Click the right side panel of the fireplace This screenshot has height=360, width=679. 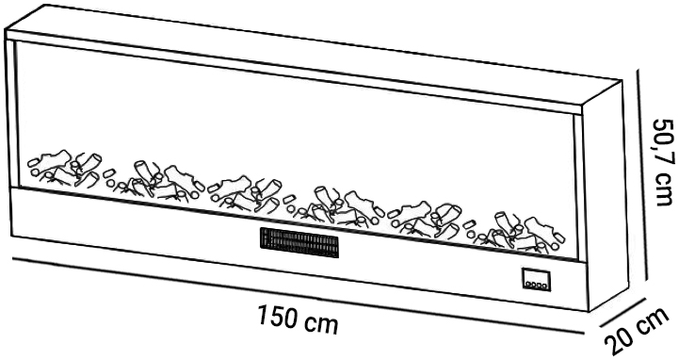pyautogui.click(x=603, y=207)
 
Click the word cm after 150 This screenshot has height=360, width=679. pyautogui.click(x=321, y=321)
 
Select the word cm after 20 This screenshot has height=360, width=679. pyautogui.click(x=657, y=323)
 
